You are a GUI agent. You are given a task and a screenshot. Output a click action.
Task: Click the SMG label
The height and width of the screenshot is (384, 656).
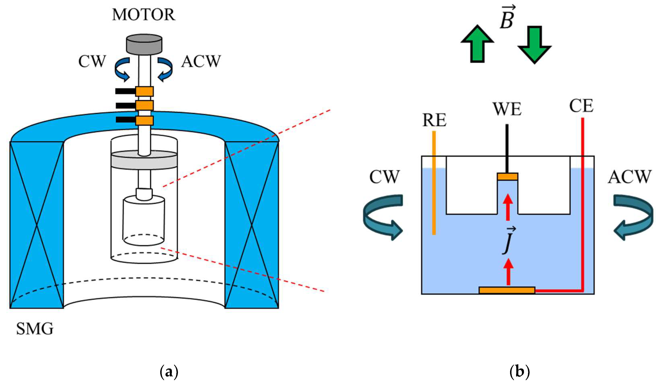pos(35,329)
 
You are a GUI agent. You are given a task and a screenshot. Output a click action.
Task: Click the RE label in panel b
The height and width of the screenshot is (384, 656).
pos(434,120)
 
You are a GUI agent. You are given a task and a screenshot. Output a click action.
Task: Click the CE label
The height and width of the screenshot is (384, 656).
pos(581,106)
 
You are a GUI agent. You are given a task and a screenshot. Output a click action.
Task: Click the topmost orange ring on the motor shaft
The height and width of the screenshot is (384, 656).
pos(145,91)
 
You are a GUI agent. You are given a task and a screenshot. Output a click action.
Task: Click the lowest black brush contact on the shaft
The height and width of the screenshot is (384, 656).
pos(125,120)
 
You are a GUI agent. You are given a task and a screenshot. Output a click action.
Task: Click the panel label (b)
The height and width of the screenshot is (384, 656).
pos(520,372)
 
